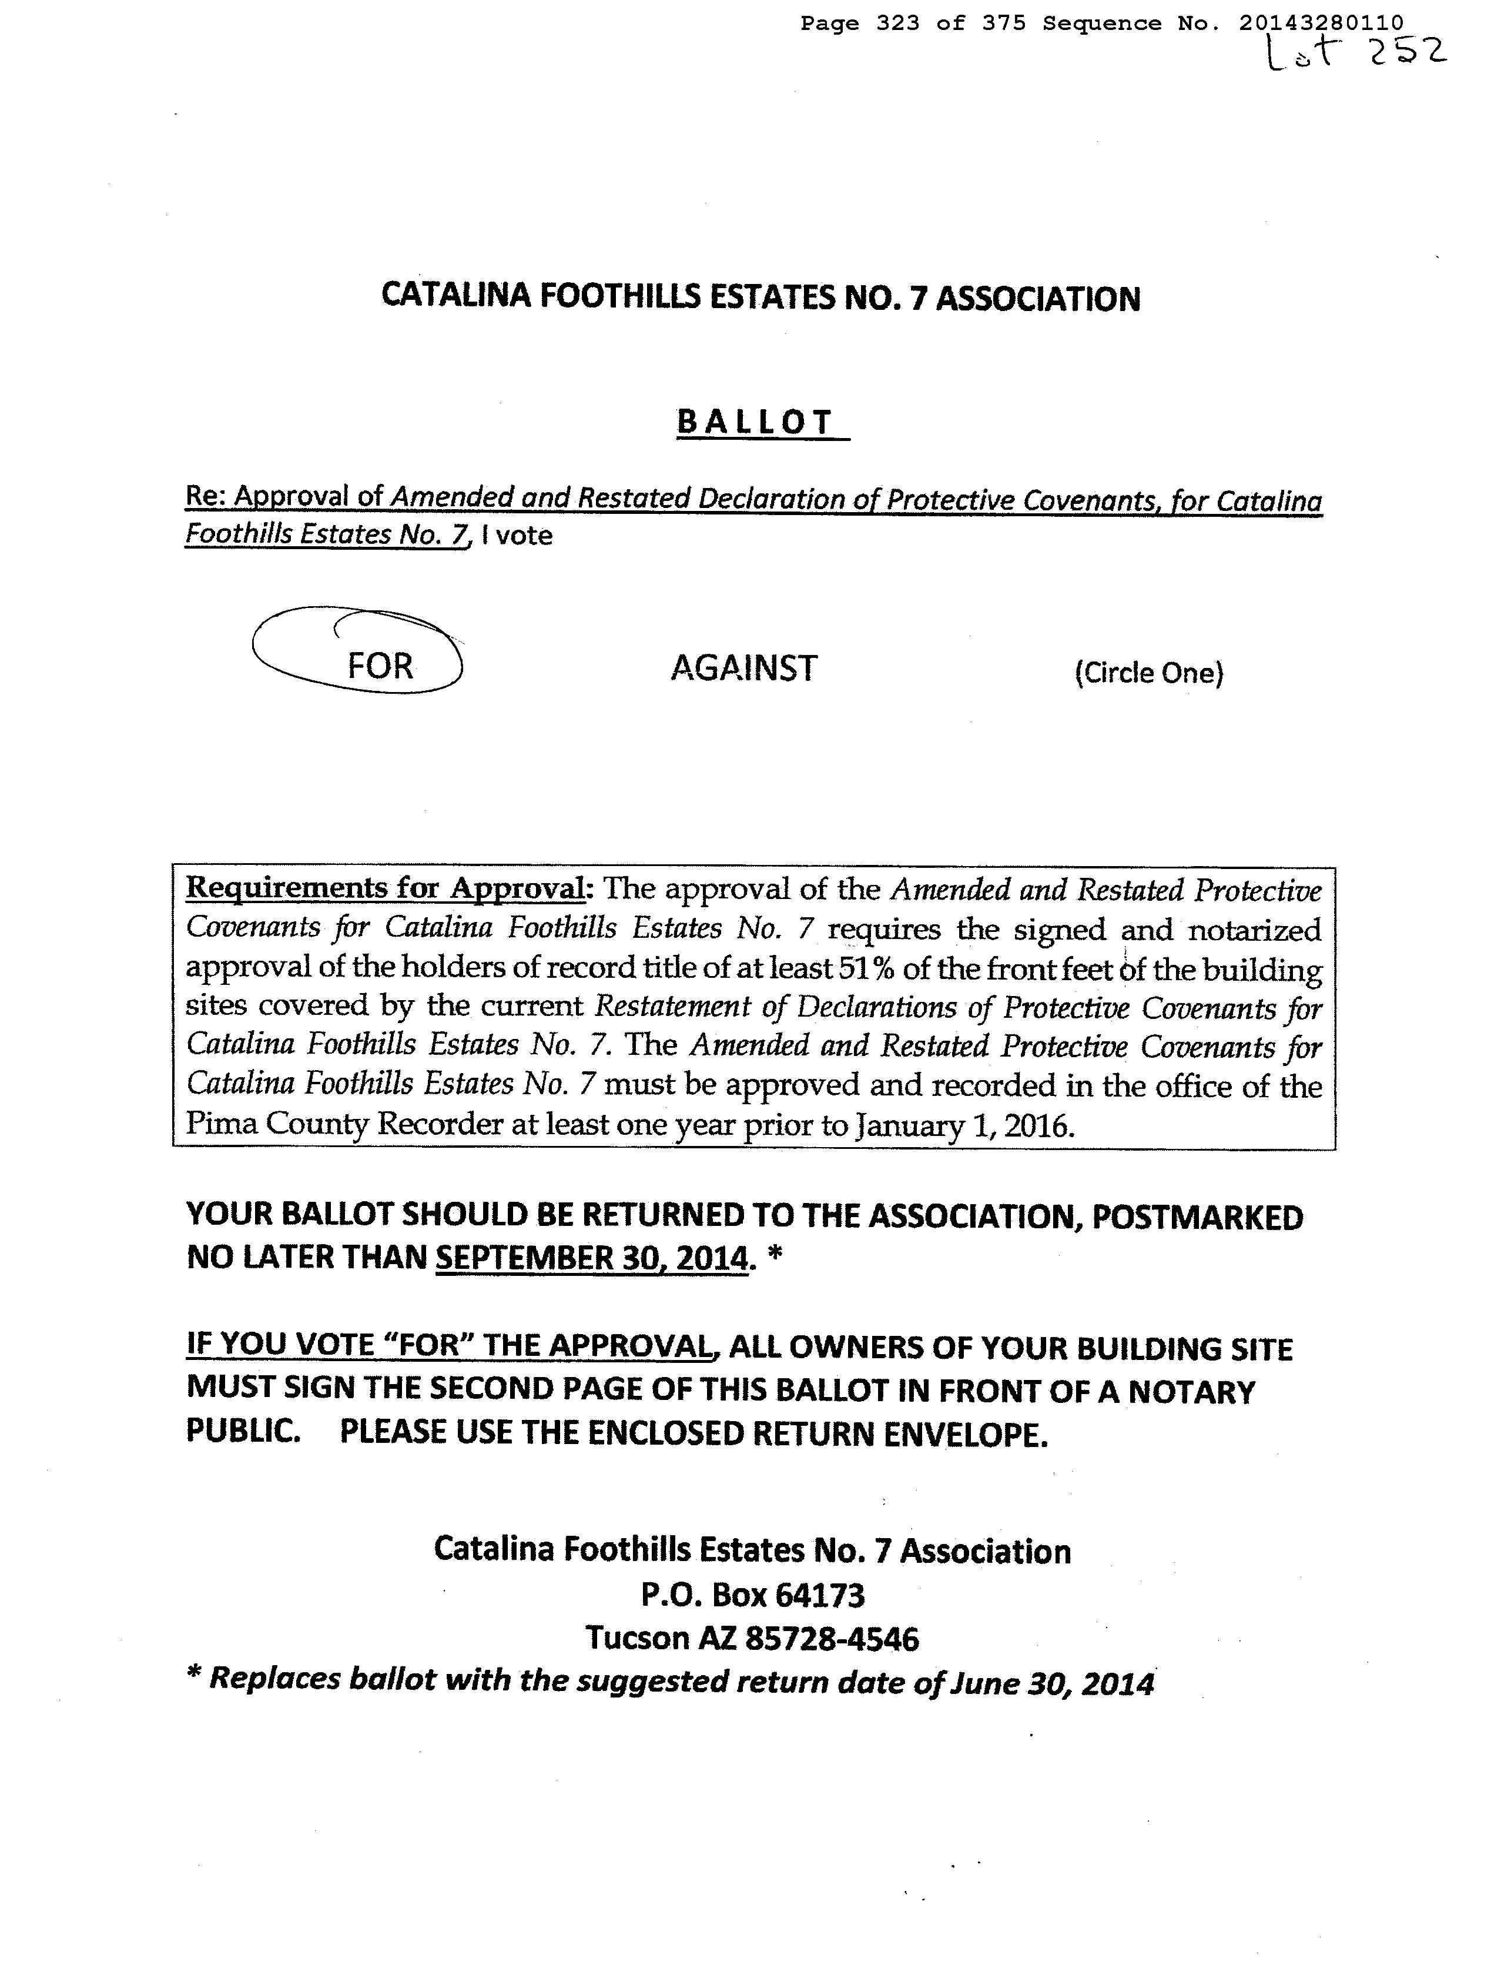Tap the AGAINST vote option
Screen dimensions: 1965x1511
click(x=744, y=667)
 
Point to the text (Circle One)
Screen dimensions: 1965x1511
click(x=1148, y=673)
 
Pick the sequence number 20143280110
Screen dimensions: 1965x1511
click(x=1321, y=24)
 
